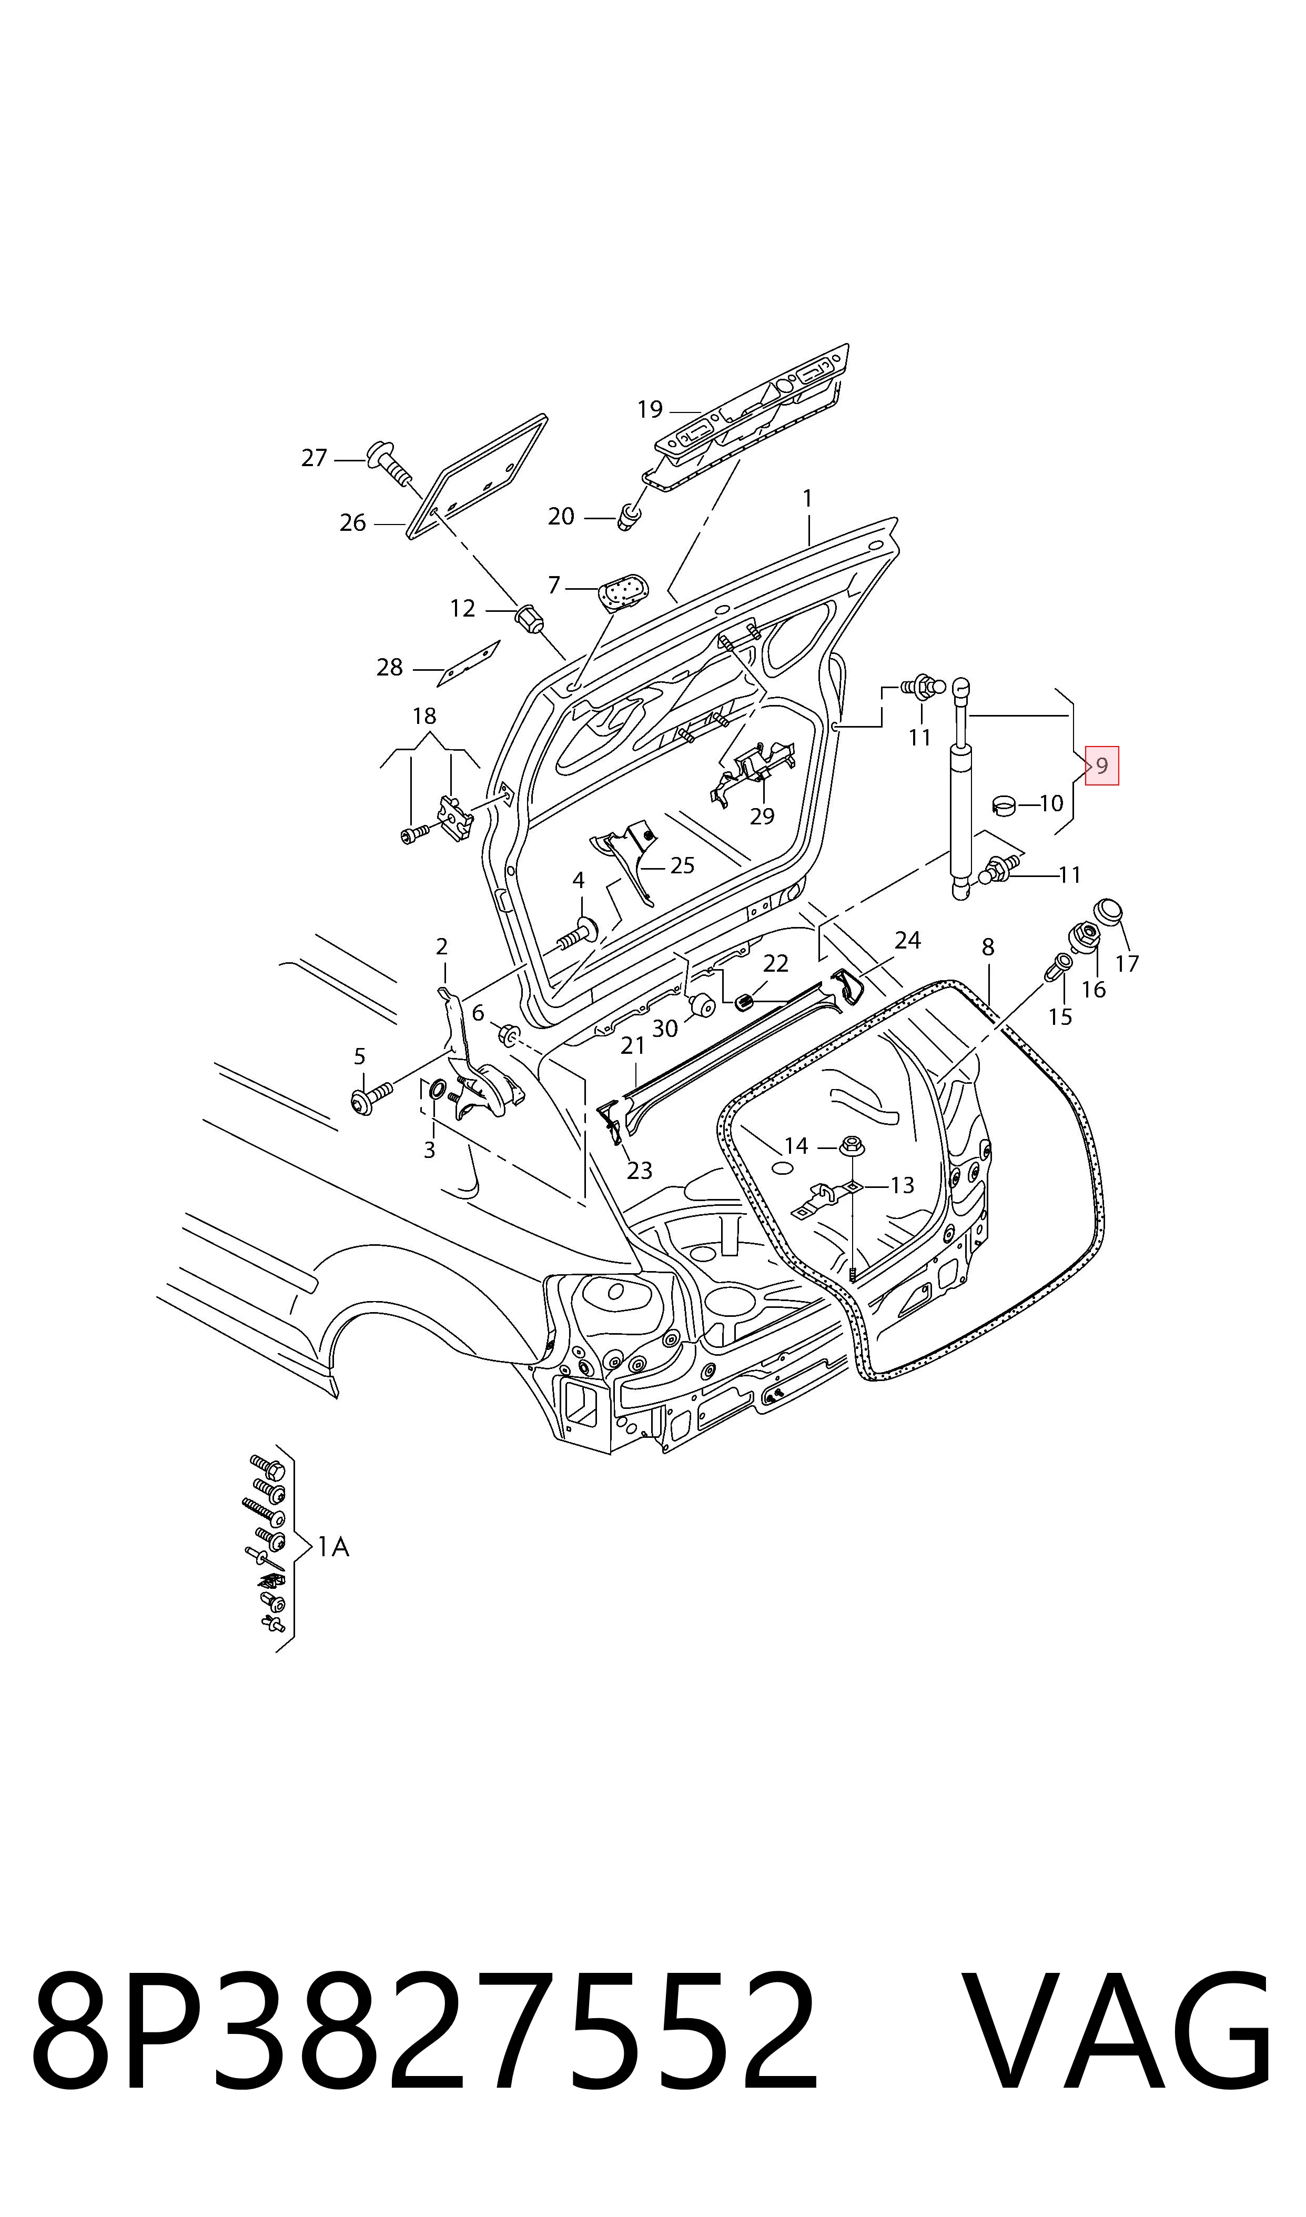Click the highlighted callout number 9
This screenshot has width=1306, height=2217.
[x=1102, y=765]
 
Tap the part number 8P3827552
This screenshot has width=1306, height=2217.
[x=425, y=2050]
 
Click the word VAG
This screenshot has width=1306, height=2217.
[x=1117, y=2050]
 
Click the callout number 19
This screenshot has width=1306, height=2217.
[x=650, y=409]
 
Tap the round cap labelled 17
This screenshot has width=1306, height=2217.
[x=1109, y=913]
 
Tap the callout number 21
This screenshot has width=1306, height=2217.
[x=633, y=1045]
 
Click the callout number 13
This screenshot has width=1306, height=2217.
[x=903, y=1185]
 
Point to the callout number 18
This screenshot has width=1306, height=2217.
[x=424, y=716]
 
